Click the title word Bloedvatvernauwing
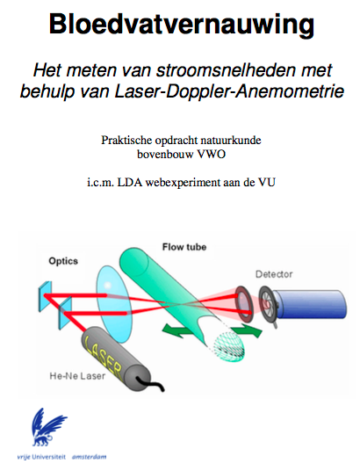click(x=182, y=25)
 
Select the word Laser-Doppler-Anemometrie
click(x=229, y=91)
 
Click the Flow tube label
click(x=184, y=247)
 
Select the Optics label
click(x=63, y=261)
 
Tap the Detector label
click(x=274, y=274)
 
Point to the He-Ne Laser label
click(x=77, y=376)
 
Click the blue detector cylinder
click(x=309, y=304)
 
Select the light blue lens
click(x=114, y=304)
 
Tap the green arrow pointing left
click(x=177, y=330)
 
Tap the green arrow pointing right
click(x=248, y=331)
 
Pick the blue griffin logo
click(x=49, y=427)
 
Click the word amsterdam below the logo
click(x=90, y=457)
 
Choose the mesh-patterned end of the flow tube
click(x=229, y=346)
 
